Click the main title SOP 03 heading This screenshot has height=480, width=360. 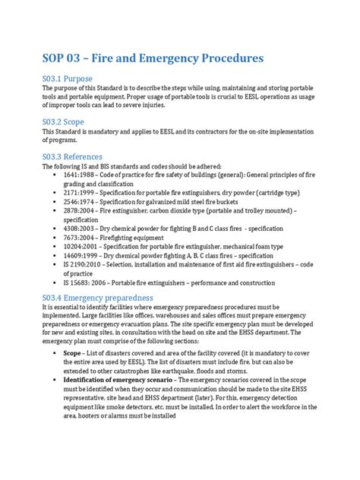pyautogui.click(x=153, y=58)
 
